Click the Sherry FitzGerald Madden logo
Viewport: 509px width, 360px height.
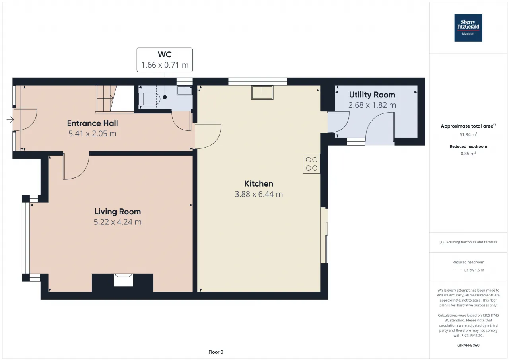coord(468,28)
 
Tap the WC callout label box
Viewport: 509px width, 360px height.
coord(165,60)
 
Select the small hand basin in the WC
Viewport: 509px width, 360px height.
coord(185,90)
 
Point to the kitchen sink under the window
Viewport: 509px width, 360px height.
coord(262,93)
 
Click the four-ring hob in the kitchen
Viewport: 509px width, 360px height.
coord(311,164)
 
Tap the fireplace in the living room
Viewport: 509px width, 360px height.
coord(123,280)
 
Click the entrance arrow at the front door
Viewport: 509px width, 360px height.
coord(10,119)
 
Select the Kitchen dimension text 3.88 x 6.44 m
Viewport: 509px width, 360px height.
coord(258,194)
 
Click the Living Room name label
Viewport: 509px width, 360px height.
coord(117,212)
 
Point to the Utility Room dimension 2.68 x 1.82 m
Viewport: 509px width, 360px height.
coord(372,105)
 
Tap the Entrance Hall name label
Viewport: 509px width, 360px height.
coord(92,123)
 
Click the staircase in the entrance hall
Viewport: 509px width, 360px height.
coord(115,99)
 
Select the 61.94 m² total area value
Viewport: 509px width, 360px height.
coord(468,134)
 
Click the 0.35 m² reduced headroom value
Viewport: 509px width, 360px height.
coord(468,154)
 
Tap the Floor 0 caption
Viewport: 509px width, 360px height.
coord(216,352)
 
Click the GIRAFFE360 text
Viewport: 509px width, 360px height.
coord(468,345)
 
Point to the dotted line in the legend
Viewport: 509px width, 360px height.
coord(457,270)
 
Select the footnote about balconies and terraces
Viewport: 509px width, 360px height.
coord(468,242)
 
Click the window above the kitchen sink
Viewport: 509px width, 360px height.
coord(258,82)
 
